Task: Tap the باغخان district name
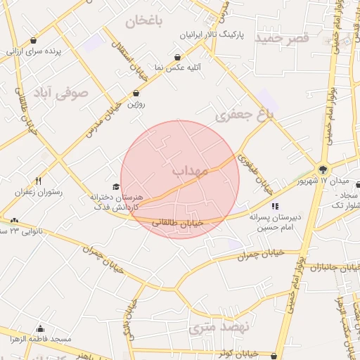click(x=144, y=20)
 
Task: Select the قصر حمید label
click(x=283, y=37)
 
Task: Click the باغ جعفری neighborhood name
click(x=243, y=115)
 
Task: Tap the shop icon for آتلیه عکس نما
click(x=179, y=57)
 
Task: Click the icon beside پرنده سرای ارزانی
click(x=34, y=40)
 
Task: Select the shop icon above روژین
click(x=136, y=94)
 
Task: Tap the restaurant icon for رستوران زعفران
click(x=38, y=181)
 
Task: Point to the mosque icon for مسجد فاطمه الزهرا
click(x=40, y=328)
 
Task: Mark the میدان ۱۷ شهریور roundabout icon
click(x=323, y=169)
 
